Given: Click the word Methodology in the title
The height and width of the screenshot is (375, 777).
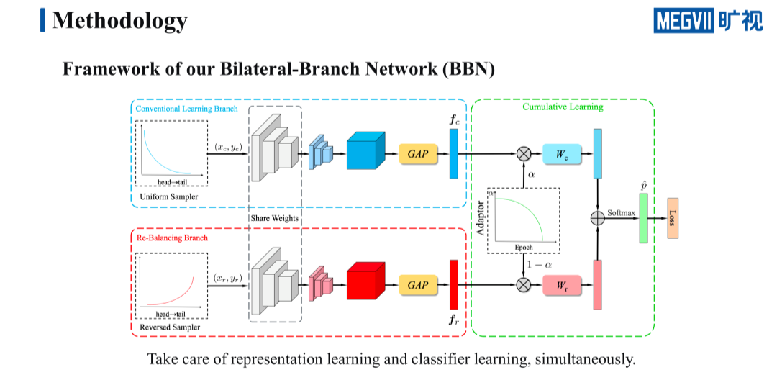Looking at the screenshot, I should point(119,20).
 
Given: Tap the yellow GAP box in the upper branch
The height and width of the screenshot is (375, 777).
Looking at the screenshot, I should point(418,153).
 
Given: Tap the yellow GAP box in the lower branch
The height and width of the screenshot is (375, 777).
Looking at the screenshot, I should point(418,285).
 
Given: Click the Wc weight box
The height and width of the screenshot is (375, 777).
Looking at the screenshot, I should point(562,153).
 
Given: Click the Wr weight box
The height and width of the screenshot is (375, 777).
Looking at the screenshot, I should point(562,285).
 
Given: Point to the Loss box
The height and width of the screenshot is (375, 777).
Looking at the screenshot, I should point(673,218).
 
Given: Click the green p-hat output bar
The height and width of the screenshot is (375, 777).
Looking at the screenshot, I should point(643,218).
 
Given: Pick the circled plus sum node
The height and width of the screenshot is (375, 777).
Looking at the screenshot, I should point(597,218).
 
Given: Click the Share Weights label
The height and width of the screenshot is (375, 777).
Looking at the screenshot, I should point(274,218).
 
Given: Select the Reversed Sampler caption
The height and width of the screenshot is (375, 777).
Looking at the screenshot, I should point(170,327).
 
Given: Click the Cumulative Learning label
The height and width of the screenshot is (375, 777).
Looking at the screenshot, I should point(563,107).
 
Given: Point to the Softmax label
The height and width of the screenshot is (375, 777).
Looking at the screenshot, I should point(621,213).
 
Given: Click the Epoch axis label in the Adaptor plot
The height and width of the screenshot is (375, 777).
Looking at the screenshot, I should point(523,246).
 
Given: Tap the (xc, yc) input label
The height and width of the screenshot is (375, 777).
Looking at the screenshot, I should point(227,147).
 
